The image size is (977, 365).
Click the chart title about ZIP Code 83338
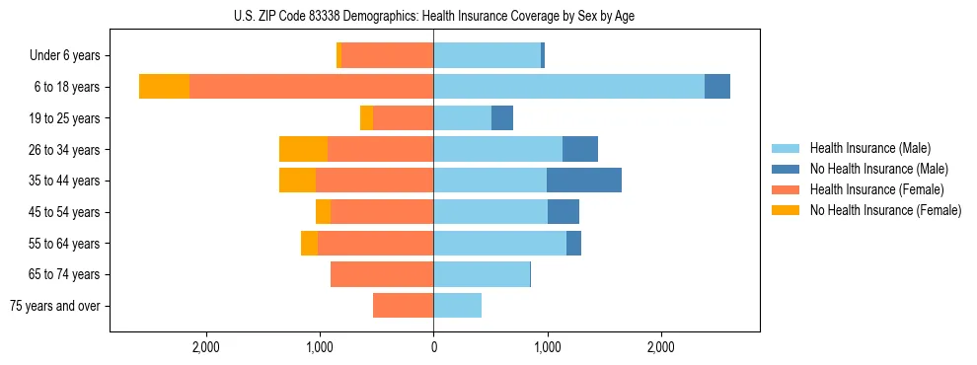[x=434, y=16]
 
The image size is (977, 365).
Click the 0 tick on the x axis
[x=433, y=347]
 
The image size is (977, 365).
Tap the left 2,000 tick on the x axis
[x=205, y=347]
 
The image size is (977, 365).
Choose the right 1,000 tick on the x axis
[x=547, y=347]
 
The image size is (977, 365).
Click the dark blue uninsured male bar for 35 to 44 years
[x=584, y=181]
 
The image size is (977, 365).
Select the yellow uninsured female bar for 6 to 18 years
[x=164, y=87]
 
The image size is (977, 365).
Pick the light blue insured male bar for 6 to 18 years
[x=568, y=87]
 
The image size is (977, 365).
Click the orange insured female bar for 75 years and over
[x=403, y=306]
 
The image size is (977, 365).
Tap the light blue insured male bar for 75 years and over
[x=457, y=306]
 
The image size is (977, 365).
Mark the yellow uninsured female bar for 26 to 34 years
[x=303, y=149]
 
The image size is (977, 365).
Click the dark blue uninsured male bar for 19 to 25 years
[x=502, y=118]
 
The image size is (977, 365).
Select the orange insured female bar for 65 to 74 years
[x=382, y=274]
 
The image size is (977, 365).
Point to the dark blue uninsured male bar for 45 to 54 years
[x=564, y=212]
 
